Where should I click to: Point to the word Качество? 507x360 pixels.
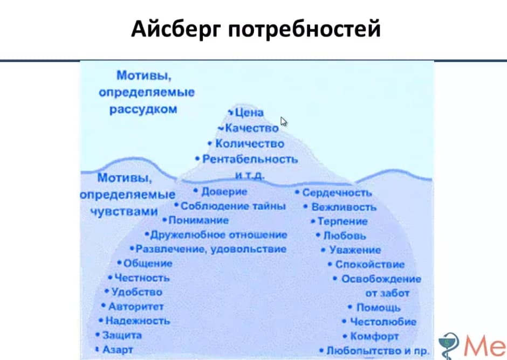pos(252,128)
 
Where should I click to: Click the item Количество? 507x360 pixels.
pos(249,144)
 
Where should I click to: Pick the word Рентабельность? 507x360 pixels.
pos(250,160)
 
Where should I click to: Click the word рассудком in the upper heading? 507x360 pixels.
pos(143,109)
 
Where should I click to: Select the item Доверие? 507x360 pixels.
pos(224,191)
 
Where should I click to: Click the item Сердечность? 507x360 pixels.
pos(337,192)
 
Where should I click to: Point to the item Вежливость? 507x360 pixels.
pos(344,207)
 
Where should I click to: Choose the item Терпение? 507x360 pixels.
pos(342,221)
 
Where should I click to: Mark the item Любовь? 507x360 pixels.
pos(345,236)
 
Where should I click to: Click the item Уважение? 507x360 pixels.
pos(355,250)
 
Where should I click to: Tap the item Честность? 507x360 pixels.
pos(142,278)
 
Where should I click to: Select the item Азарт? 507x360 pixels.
pos(117,350)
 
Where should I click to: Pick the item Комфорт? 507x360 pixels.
pos(374,336)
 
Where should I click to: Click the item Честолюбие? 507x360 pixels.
pos(383,322)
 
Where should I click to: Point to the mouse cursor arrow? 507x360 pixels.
pos(284,121)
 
